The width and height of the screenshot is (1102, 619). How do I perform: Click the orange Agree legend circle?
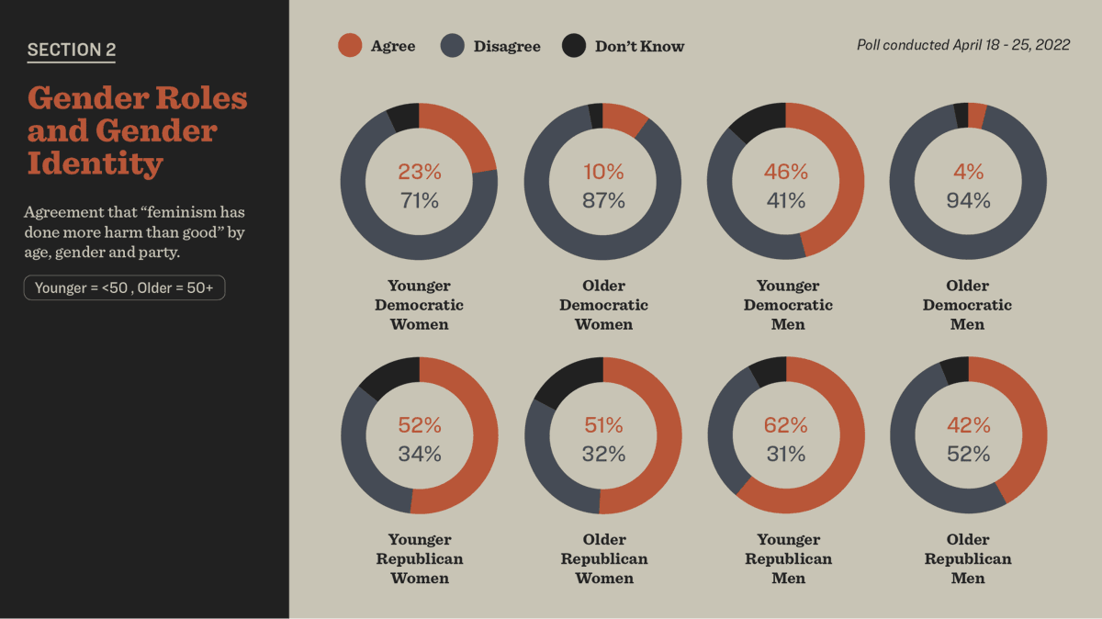[x=350, y=46]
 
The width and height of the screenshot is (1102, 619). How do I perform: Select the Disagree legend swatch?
[x=453, y=46]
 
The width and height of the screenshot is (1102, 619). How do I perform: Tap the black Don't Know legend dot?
[x=574, y=46]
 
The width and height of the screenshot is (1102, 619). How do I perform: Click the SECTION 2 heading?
[x=72, y=51]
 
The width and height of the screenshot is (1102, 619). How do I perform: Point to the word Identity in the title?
[x=95, y=163]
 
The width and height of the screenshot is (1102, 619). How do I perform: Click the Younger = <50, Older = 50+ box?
[x=124, y=288]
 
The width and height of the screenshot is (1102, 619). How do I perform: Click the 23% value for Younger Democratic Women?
[x=420, y=172]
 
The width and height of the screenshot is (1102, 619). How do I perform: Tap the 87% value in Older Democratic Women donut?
[x=603, y=200]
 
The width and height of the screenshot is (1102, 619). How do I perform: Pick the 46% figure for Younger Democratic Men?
[x=786, y=172]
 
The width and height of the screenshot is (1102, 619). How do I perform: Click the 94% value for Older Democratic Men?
[x=969, y=200]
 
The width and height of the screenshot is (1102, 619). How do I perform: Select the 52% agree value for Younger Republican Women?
[x=420, y=425]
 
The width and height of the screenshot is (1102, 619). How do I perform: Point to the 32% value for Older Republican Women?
[x=603, y=454]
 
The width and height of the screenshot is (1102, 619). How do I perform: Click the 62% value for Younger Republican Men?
[x=786, y=425]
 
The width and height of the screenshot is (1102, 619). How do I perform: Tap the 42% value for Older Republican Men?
[x=969, y=425]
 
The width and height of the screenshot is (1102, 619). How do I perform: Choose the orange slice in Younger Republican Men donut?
[x=840, y=459]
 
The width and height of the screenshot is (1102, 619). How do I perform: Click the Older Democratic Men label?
[x=968, y=305]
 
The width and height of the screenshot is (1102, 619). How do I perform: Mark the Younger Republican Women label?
[x=420, y=558]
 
